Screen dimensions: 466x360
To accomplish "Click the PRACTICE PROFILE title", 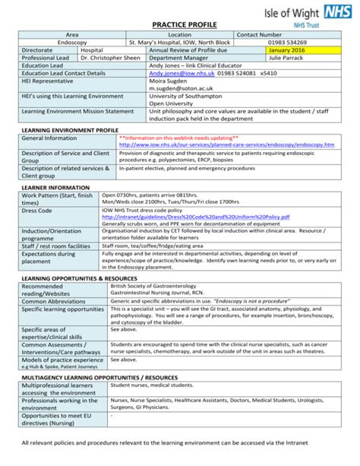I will pyautogui.click(x=179, y=24).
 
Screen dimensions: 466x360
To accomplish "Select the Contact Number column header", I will pyautogui.click(x=259, y=35).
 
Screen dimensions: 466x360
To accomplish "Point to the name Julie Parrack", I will pyautogui.click(x=289, y=58).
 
